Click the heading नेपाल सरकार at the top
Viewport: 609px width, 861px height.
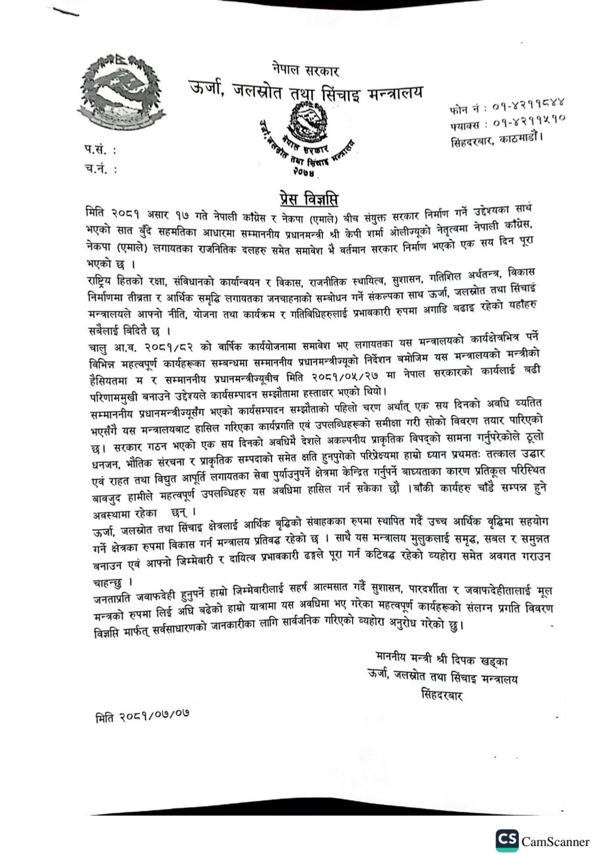[305, 70]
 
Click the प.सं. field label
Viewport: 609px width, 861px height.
[100, 149]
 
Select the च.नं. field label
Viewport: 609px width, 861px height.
[101, 169]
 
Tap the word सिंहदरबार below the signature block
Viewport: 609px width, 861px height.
[442, 696]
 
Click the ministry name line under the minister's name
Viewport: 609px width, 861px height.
[442, 677]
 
